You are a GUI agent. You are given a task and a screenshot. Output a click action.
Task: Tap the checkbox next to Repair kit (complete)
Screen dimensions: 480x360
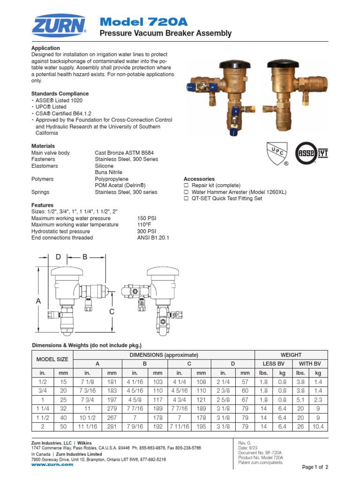(186, 186)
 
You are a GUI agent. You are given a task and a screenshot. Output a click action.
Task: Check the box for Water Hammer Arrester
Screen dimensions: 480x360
(186, 192)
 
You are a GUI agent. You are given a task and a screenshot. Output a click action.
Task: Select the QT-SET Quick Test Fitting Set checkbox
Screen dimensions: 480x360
(186, 199)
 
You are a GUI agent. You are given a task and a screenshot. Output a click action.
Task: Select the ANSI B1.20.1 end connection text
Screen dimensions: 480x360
(153, 238)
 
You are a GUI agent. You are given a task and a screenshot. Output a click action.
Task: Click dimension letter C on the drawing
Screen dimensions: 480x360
(112, 312)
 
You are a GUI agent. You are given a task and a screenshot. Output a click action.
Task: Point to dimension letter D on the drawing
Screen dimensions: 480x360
(58, 257)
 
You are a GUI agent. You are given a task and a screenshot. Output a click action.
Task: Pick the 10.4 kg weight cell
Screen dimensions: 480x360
(318, 427)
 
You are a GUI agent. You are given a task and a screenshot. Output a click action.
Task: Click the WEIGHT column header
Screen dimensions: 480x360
(291, 355)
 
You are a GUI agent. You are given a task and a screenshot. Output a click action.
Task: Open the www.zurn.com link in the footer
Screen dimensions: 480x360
(52, 465)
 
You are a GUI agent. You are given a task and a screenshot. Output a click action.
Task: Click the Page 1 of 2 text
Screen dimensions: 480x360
(315, 467)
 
